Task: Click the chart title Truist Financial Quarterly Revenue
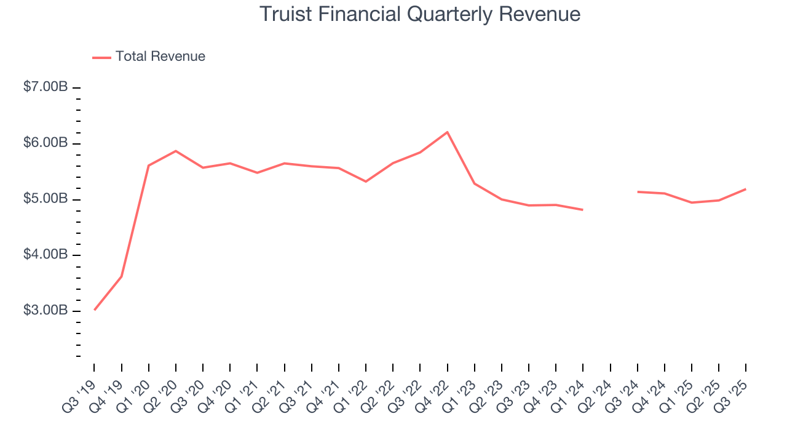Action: click(x=420, y=14)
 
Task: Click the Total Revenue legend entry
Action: click(x=149, y=57)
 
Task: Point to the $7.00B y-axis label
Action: click(x=45, y=87)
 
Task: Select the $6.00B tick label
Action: click(x=45, y=143)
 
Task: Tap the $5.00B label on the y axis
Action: click(x=45, y=199)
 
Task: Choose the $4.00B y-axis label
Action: click(x=45, y=255)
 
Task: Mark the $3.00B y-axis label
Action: click(x=45, y=311)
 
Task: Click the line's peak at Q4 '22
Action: click(x=447, y=132)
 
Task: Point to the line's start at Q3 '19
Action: click(x=94, y=309)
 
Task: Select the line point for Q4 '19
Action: click(x=121, y=276)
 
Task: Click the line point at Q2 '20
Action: click(x=176, y=151)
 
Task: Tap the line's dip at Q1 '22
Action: click(x=366, y=182)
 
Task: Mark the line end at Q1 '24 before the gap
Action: click(x=583, y=210)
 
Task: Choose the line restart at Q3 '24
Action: click(x=638, y=192)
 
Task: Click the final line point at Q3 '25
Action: click(x=746, y=189)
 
